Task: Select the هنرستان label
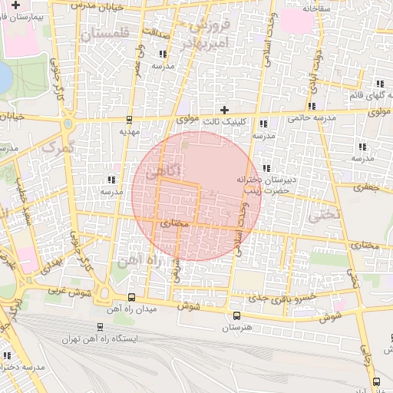point(236,328)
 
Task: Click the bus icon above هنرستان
point(236,315)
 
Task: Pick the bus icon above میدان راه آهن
point(131,297)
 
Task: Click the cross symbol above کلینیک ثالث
point(224,109)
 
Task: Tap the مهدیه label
point(128,131)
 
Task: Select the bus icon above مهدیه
point(128,120)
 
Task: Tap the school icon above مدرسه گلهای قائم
point(379,84)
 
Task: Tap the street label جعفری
point(368,187)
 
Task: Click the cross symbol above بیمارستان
point(15,5)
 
